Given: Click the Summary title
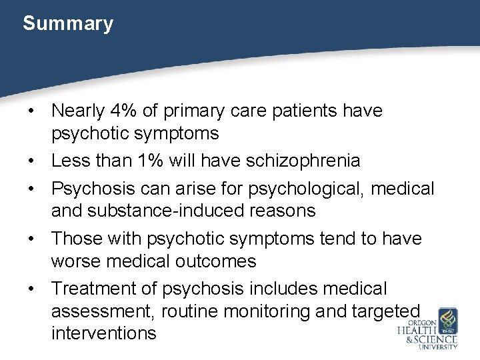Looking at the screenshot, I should pos(68,24).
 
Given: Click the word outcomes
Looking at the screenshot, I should pos(215,261).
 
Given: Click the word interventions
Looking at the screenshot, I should pos(103,333).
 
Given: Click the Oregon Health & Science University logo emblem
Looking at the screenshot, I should pos(446,320).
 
